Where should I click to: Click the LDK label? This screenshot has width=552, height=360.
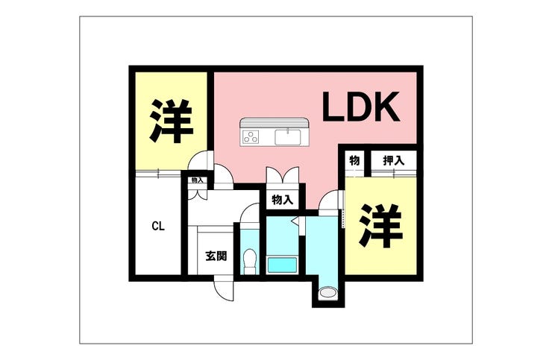(x=362, y=109)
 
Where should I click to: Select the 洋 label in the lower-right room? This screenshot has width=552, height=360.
(x=380, y=225)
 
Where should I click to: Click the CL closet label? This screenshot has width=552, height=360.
(x=157, y=226)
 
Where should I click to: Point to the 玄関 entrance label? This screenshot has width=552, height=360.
(x=216, y=256)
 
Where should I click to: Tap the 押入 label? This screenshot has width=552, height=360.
(x=393, y=160)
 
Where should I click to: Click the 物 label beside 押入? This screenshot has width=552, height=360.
(x=354, y=160)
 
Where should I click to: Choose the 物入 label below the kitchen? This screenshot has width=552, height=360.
(x=282, y=200)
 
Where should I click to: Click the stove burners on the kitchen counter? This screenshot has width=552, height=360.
(x=251, y=137)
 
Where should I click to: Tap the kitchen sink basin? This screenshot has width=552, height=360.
(x=287, y=137)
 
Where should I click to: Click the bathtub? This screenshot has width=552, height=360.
(x=282, y=264)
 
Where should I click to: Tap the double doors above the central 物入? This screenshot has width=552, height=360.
(x=283, y=176)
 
